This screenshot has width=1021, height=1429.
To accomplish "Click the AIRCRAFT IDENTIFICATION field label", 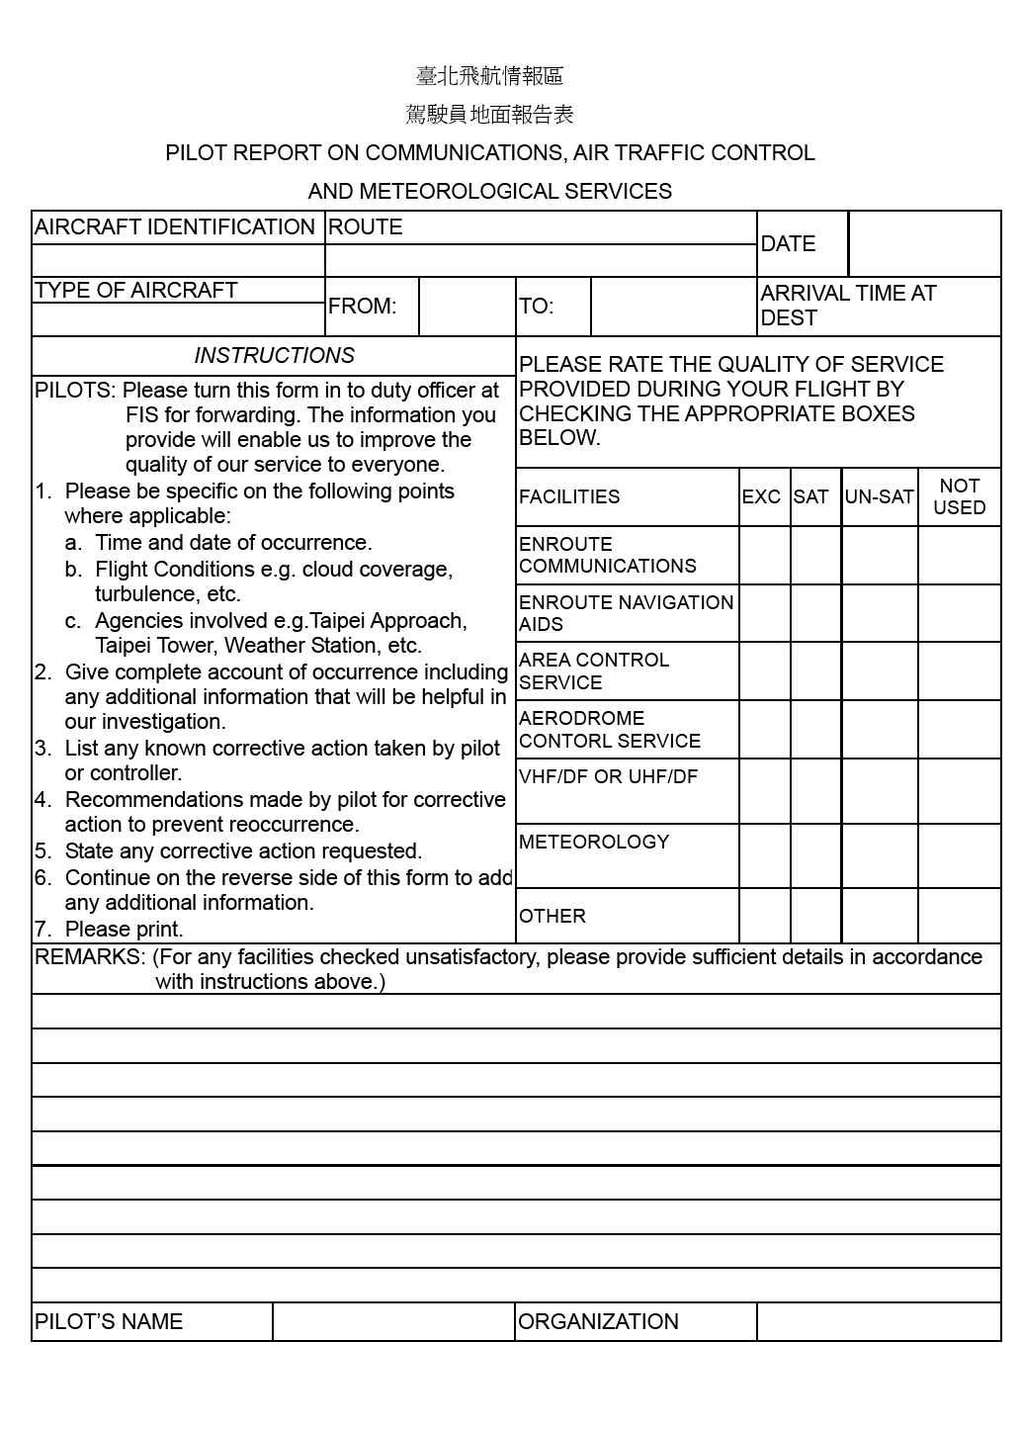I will click(175, 227).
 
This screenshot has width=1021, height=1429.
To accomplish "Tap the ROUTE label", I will click(366, 227).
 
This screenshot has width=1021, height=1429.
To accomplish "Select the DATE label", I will click(788, 244).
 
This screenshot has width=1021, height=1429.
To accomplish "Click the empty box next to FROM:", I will click(467, 307).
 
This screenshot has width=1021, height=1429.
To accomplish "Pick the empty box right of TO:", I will click(673, 307).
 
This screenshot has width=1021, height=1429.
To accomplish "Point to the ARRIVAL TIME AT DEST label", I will click(848, 306).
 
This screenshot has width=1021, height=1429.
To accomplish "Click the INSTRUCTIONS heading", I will click(274, 356).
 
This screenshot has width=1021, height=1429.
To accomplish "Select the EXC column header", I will click(761, 497).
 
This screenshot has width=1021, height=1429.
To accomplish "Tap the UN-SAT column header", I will click(879, 497).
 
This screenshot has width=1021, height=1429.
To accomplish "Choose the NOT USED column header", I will click(959, 497).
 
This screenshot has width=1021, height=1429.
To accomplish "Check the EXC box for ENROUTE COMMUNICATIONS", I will click(764, 556).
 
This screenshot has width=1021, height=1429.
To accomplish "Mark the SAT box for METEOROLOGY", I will click(815, 855).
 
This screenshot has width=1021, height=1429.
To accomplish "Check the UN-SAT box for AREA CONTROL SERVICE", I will click(880, 671).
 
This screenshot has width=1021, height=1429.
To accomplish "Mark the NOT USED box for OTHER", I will click(959, 916).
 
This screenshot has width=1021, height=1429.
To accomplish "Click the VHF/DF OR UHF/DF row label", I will click(608, 777).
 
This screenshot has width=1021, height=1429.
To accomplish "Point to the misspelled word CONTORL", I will click(553, 742).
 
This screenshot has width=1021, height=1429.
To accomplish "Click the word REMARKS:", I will click(90, 957).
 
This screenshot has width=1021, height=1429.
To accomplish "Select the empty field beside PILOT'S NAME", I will click(393, 1322).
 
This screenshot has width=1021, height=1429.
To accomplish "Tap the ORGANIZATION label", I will click(598, 1322).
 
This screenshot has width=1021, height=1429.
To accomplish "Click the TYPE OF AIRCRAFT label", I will click(136, 291).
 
